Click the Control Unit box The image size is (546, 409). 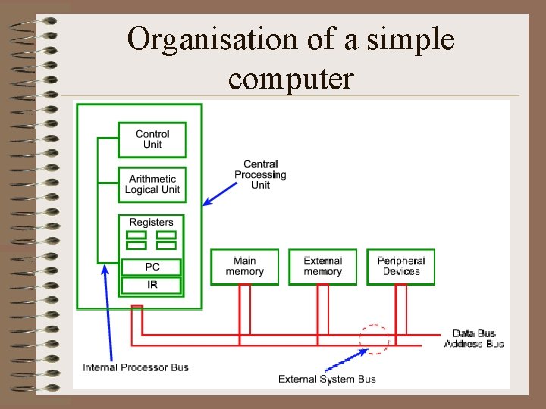[152, 139]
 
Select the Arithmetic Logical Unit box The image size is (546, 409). [152, 184]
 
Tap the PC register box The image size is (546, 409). [152, 267]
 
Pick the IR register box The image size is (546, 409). [152, 286]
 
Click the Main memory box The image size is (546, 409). [244, 267]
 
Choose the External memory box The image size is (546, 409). [323, 267]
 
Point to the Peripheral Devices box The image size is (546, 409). [401, 267]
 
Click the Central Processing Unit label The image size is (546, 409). [260, 175]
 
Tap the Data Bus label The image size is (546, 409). [474, 333]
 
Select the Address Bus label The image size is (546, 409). [474, 345]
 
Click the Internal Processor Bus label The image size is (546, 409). [136, 367]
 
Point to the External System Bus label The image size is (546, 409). [327, 379]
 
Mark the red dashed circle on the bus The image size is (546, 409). [374, 339]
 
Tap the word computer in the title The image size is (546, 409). [290, 77]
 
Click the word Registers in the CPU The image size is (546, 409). [151, 223]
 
